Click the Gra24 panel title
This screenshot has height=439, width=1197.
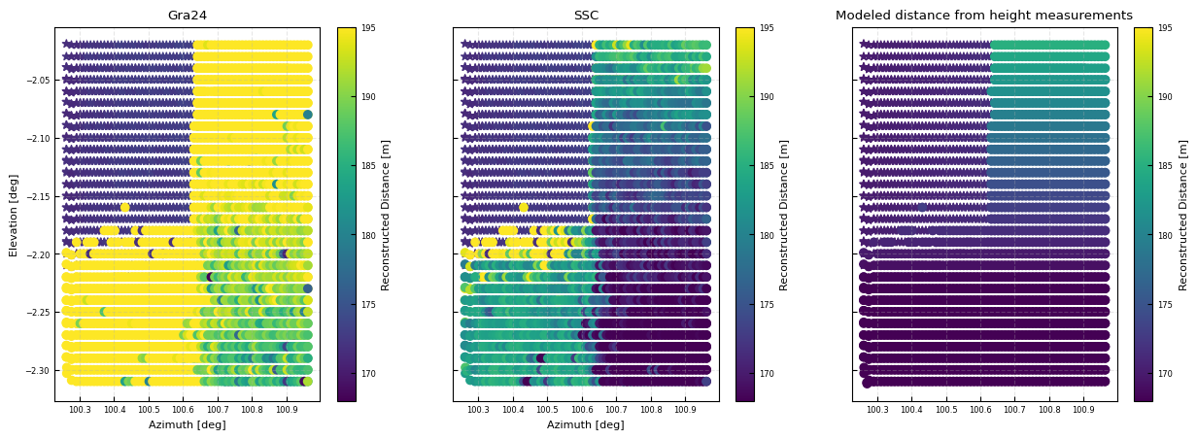point(187,16)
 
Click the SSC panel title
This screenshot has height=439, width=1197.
point(586,16)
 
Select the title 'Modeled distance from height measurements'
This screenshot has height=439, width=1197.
point(983,16)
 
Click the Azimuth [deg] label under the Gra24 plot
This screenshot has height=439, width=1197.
point(187,424)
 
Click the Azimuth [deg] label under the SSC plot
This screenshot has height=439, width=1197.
point(586,424)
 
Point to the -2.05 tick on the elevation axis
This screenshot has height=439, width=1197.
point(36,80)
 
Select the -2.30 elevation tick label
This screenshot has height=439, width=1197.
point(36,371)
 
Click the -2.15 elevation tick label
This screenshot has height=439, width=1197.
point(36,196)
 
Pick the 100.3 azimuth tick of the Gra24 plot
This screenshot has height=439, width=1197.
point(80,410)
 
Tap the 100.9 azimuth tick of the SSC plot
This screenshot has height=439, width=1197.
point(685,410)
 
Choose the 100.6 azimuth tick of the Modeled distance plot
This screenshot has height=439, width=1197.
point(980,410)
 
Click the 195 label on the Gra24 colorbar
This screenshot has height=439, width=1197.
point(368,28)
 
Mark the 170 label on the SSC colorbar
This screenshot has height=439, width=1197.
point(767,374)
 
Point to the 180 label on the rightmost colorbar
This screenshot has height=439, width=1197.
point(1165,235)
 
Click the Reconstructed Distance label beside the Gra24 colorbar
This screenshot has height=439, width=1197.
point(386,215)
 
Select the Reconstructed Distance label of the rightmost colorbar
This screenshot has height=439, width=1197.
point(1183,215)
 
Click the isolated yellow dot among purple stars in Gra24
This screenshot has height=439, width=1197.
point(125,207)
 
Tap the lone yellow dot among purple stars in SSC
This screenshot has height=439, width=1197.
point(524,207)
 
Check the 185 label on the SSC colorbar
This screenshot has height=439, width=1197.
point(767,166)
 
